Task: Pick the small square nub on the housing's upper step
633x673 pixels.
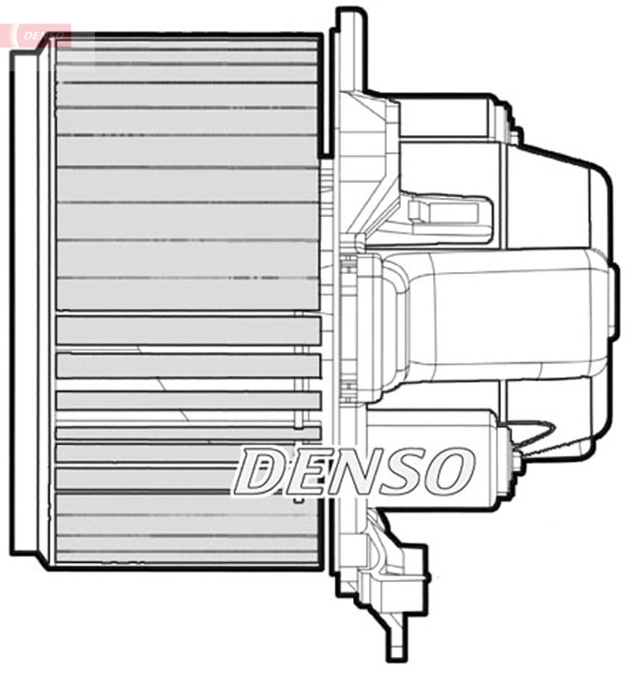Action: (x=515, y=135)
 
